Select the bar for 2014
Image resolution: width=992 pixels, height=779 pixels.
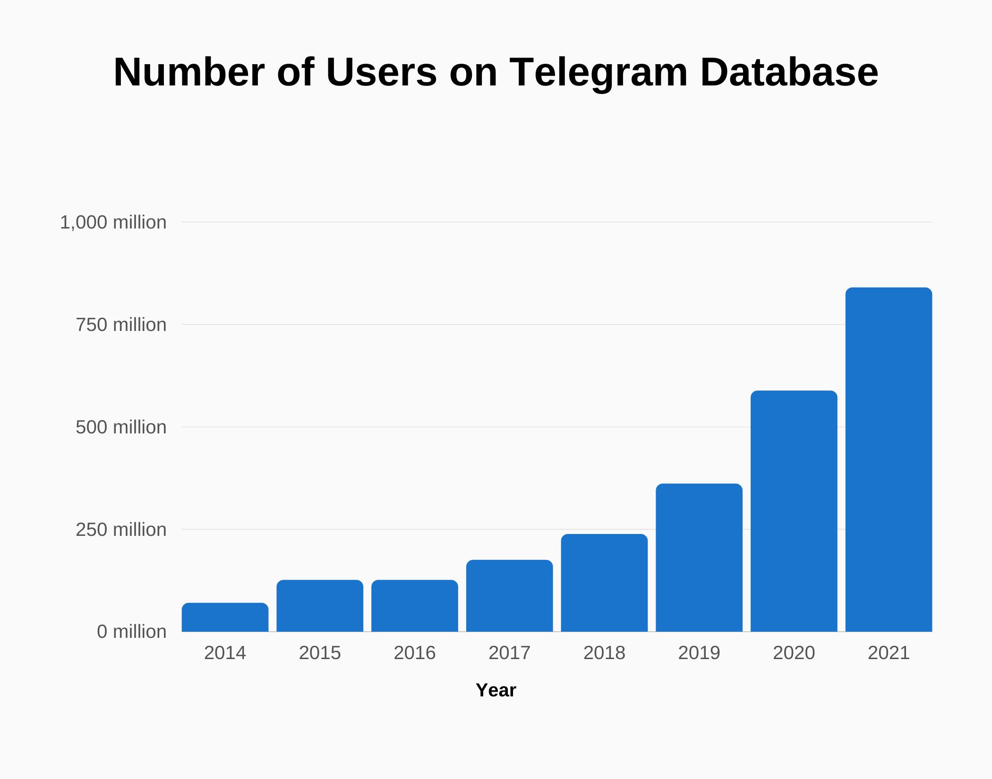225,618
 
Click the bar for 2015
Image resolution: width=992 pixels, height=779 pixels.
320,606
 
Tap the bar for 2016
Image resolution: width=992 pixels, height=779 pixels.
415,606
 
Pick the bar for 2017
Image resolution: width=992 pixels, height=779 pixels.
509,596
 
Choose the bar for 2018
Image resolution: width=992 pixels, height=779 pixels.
604,583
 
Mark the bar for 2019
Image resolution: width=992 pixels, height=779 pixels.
699,558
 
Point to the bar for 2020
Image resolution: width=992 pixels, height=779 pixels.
794,511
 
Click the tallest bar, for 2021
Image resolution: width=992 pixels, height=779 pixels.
889,459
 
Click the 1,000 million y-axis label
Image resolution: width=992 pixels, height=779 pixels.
113,222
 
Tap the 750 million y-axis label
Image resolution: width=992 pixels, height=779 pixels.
121,325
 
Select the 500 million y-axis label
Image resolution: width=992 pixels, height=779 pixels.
121,427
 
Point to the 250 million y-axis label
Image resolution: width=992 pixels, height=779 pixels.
121,530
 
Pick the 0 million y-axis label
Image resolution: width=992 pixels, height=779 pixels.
131,632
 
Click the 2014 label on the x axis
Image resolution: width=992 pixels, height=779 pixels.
225,653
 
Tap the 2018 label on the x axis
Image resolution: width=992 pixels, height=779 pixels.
604,653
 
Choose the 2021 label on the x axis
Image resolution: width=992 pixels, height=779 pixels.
889,653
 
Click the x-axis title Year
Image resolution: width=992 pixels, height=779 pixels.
496,690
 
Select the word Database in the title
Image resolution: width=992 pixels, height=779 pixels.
789,72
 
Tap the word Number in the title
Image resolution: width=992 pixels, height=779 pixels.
189,72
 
